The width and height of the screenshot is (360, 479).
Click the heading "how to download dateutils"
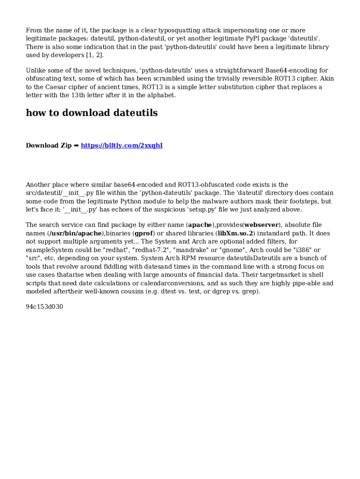(x=92, y=113)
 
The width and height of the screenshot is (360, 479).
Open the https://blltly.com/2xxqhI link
(x=122, y=145)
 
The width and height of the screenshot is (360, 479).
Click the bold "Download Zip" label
(x=49, y=145)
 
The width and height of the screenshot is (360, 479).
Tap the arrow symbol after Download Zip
(x=76, y=145)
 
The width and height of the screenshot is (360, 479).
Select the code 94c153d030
(x=44, y=307)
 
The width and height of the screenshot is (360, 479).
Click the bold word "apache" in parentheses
(x=200, y=225)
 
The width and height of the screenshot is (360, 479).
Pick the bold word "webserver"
(x=261, y=225)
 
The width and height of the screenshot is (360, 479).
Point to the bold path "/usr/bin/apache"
(x=75, y=233)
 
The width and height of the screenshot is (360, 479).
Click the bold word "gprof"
(x=144, y=233)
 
